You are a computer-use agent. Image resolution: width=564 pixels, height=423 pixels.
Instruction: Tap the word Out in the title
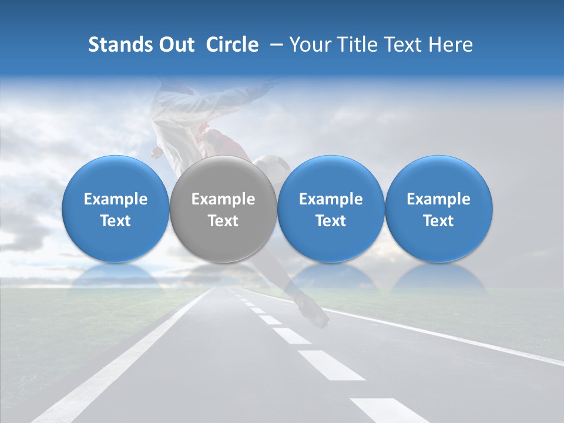[x=175, y=45]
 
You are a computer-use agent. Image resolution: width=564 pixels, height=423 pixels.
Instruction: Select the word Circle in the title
[x=232, y=45]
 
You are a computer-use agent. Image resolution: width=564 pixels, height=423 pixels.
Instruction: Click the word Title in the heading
[x=359, y=45]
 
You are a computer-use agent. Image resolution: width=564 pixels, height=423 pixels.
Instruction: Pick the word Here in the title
[x=452, y=45]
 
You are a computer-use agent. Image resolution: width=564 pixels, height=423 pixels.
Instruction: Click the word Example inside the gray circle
[x=223, y=199]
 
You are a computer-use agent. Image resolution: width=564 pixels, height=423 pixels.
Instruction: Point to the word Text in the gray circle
[x=223, y=221]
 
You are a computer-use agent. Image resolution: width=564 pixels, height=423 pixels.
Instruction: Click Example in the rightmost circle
[x=438, y=199]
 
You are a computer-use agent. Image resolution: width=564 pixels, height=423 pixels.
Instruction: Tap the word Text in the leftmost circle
[x=115, y=221]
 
